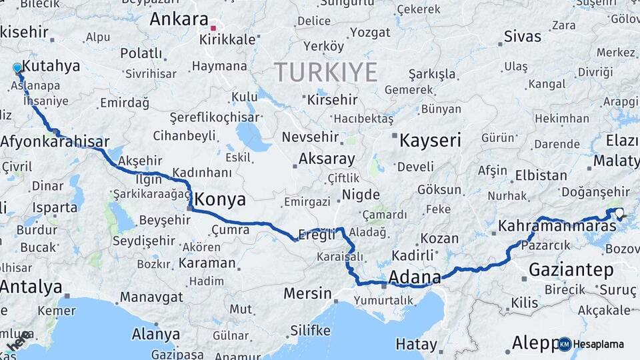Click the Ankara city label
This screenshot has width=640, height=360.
tap(179, 18)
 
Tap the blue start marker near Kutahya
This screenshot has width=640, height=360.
tap(17, 67)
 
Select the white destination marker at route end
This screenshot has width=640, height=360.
tap(619, 213)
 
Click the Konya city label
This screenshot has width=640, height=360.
tap(220, 199)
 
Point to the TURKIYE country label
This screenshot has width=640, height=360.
tap(325, 71)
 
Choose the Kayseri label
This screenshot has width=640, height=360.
tap(430, 140)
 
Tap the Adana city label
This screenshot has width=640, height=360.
tap(415, 277)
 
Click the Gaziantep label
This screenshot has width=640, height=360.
tap(571, 269)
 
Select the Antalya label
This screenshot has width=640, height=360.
tap(31, 287)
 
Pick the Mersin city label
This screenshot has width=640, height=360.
tap(307, 293)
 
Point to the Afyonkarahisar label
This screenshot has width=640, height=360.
tap(55, 141)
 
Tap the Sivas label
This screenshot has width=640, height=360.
tap(523, 36)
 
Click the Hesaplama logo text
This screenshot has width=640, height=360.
tap(599, 344)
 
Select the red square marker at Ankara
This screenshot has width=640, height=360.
tap(213, 29)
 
